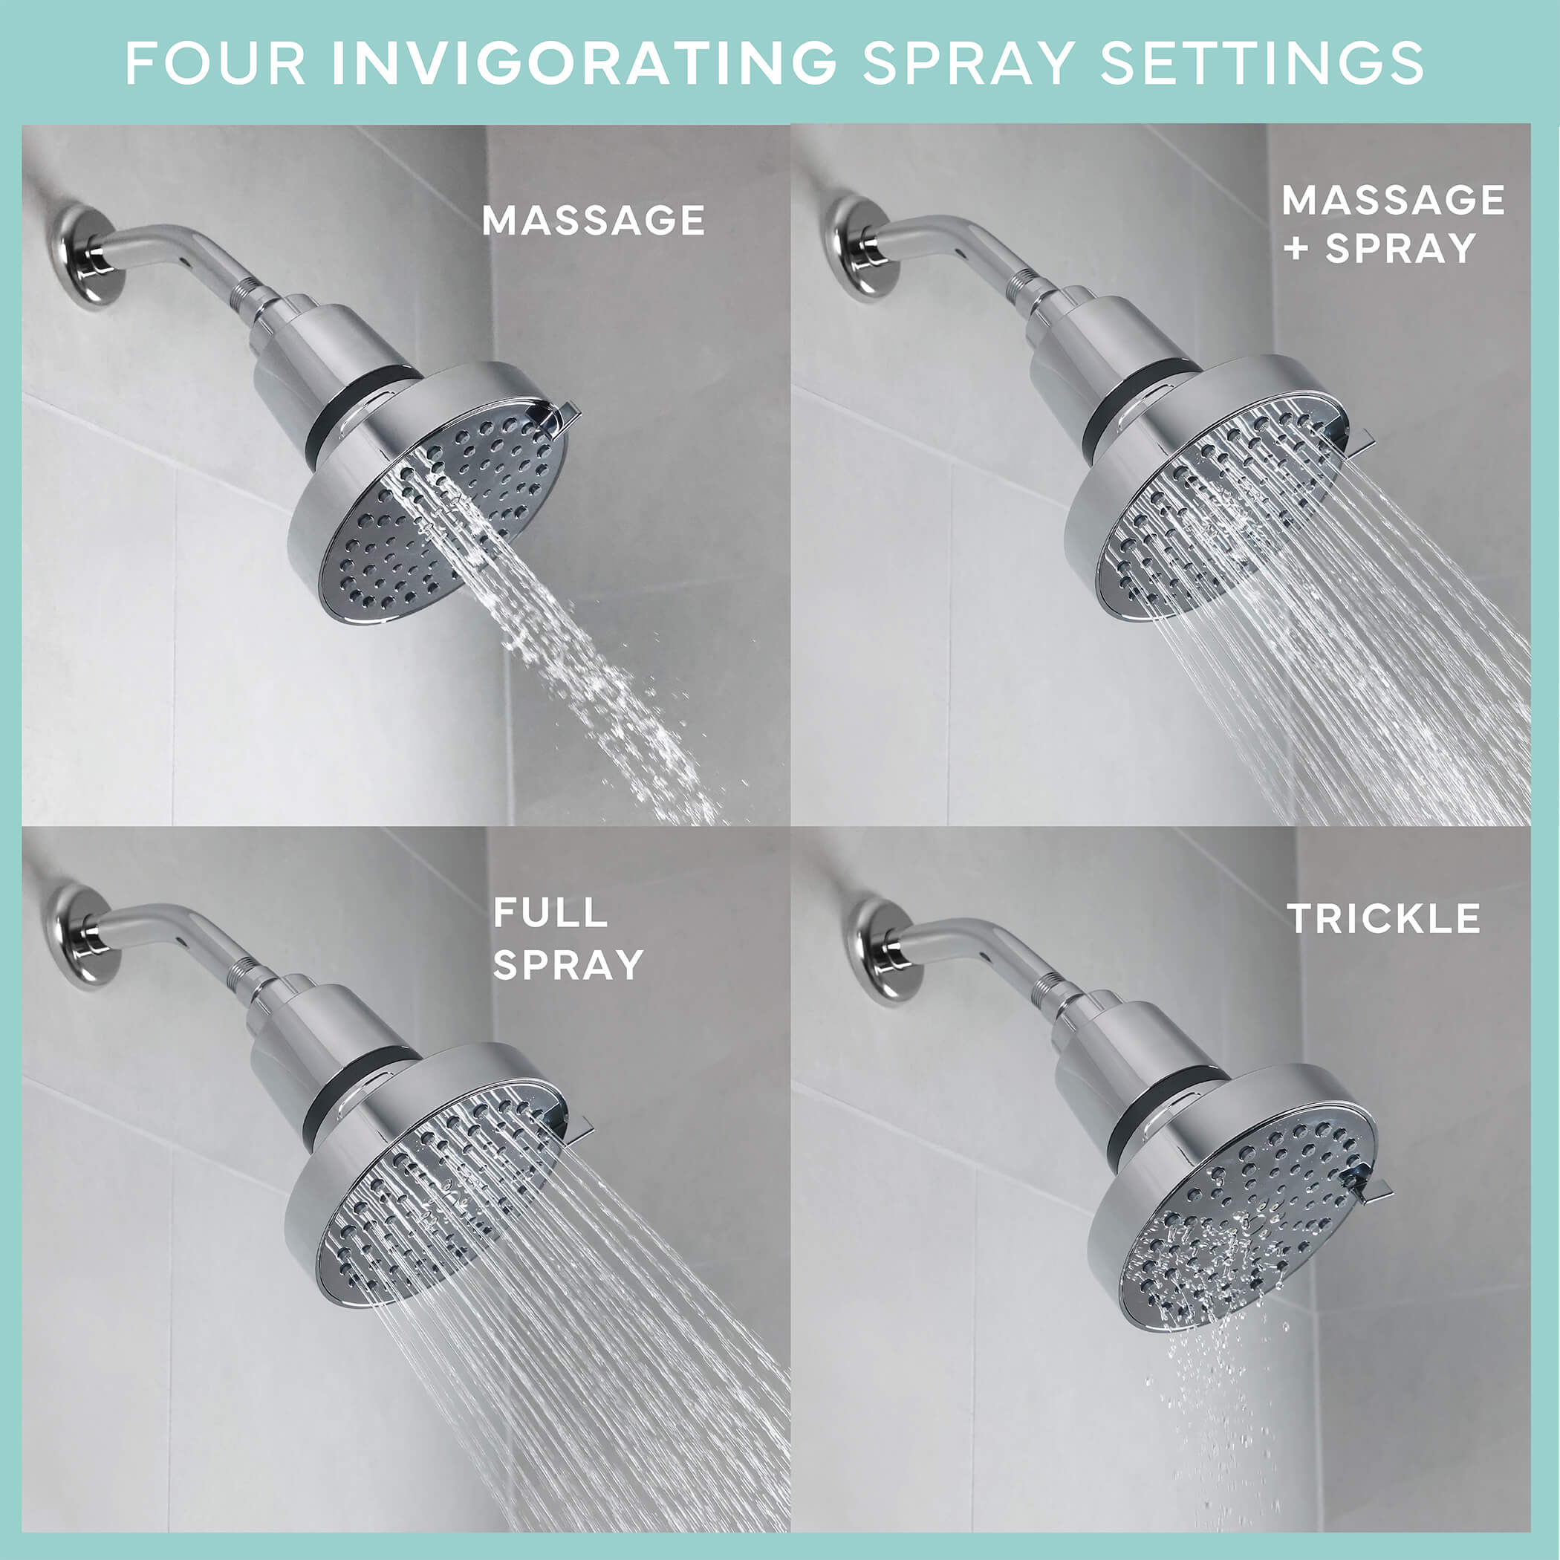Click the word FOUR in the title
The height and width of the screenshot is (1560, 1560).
[215, 63]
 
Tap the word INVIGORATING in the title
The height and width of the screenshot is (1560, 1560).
[585, 63]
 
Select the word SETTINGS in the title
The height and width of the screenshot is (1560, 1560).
[1262, 63]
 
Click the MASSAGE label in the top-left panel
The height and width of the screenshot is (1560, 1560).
[594, 221]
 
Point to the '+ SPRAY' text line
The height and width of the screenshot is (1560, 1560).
[1380, 248]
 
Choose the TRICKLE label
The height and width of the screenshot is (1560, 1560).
[1384, 919]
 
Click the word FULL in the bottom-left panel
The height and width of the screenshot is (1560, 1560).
[550, 913]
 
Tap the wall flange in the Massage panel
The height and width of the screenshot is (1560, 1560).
[87, 257]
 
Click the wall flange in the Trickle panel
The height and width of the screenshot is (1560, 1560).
[882, 950]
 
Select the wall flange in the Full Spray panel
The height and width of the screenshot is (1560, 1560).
[81, 935]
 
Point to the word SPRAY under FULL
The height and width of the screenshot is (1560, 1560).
[568, 964]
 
